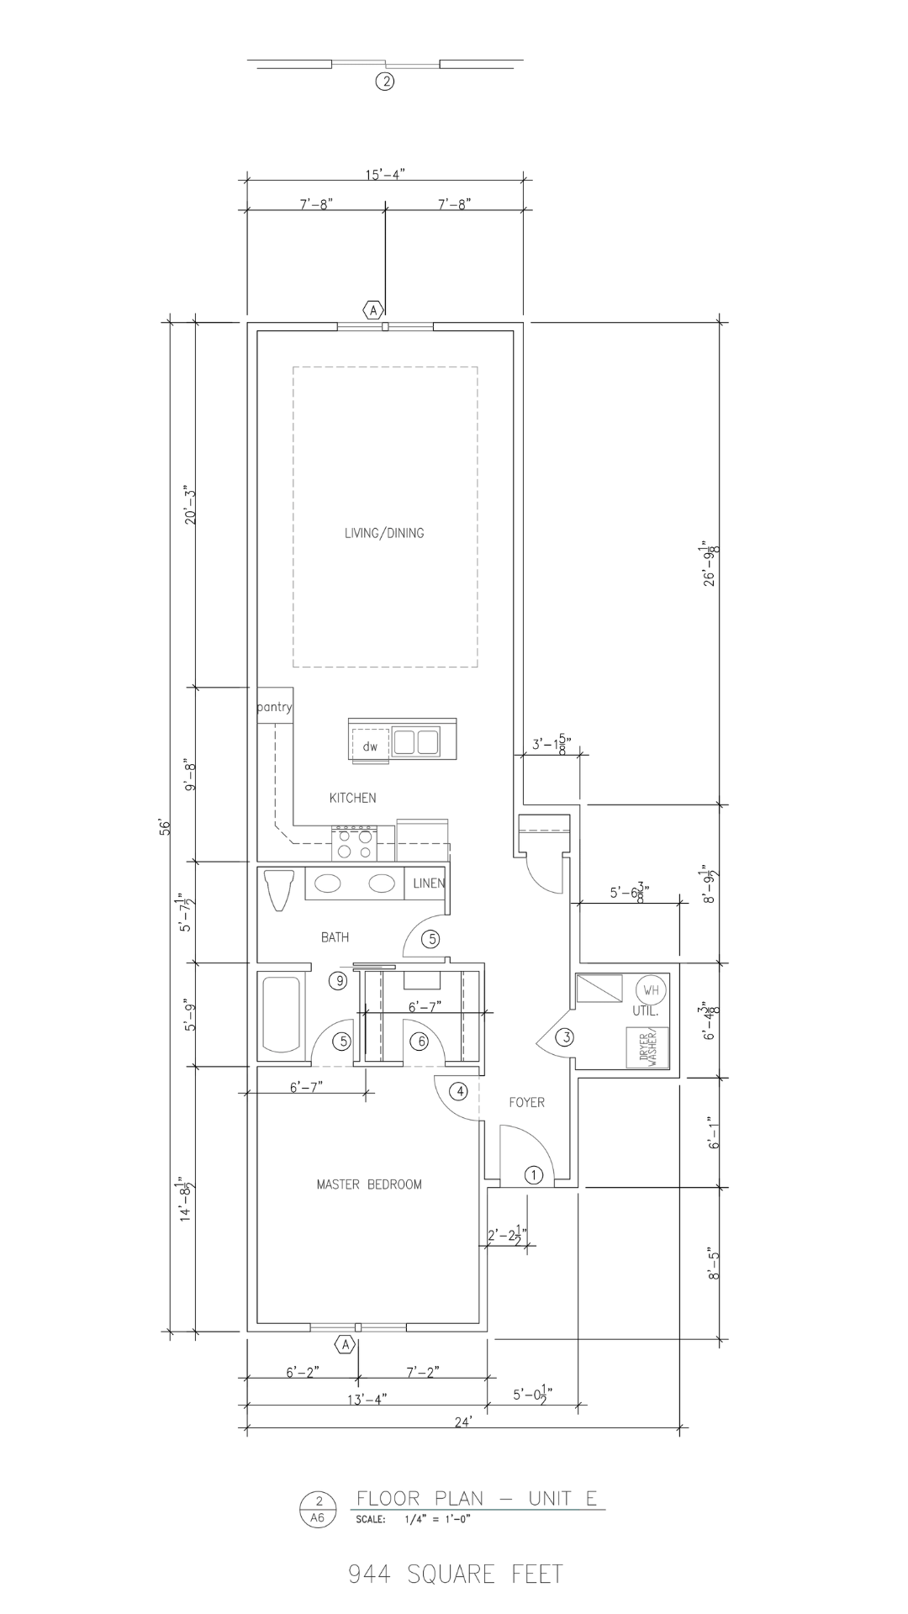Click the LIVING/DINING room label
pyautogui.click(x=384, y=533)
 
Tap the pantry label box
pyautogui.click(x=274, y=707)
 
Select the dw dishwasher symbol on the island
pyautogui.click(x=370, y=746)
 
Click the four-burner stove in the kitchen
pyautogui.click(x=353, y=843)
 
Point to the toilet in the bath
pyautogui.click(x=277, y=889)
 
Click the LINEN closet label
pyautogui.click(x=428, y=883)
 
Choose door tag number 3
pyautogui.click(x=567, y=1037)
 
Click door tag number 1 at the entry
pyautogui.click(x=534, y=1175)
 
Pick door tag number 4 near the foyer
pyautogui.click(x=458, y=1092)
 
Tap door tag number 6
pyautogui.click(x=420, y=1042)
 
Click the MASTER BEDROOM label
pyautogui.click(x=369, y=1184)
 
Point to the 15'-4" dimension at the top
pyautogui.click(x=385, y=174)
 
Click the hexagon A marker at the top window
pyautogui.click(x=373, y=309)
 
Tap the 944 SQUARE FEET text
pyautogui.click(x=455, y=1574)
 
